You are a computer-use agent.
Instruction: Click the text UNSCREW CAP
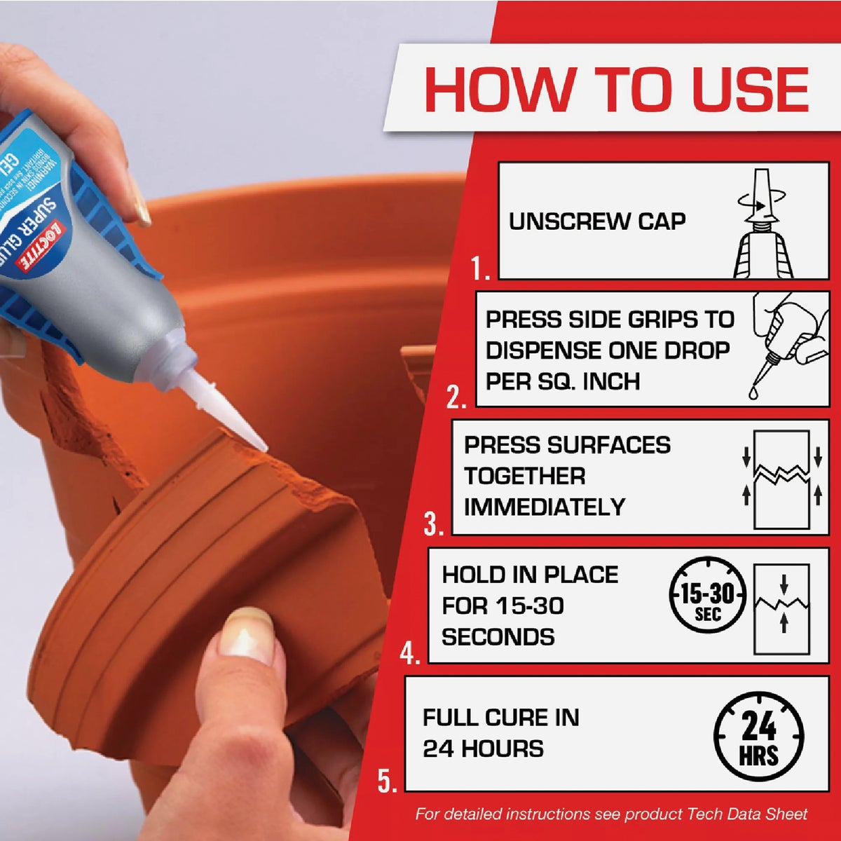596,221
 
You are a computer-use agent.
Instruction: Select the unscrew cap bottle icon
764,223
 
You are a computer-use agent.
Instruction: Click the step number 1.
480,268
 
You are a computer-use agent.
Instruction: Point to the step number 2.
456,397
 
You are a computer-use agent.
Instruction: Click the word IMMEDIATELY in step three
544,507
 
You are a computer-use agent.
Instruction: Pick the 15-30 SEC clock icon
708,600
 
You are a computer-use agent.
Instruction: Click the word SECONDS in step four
498,637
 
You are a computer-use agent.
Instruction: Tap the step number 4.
409,654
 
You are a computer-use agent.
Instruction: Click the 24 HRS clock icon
758,736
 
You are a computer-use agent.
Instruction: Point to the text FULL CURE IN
500,718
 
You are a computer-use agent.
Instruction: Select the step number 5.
388,780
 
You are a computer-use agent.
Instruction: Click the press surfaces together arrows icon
781,479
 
